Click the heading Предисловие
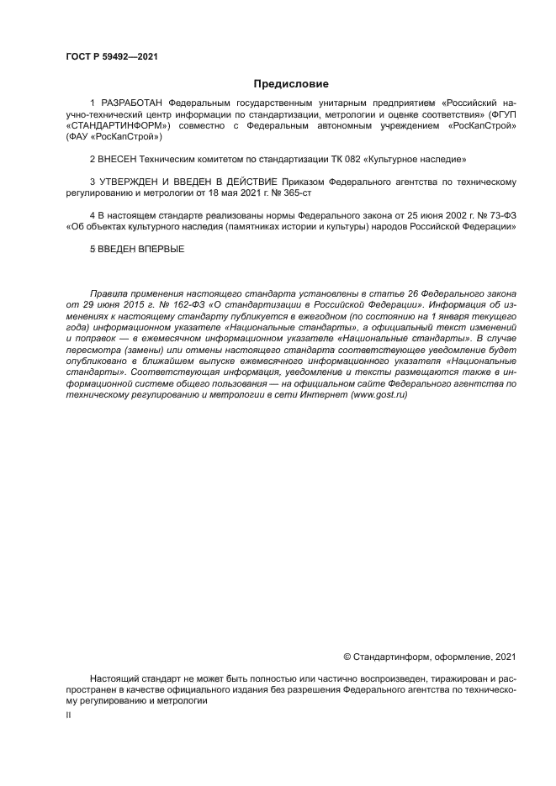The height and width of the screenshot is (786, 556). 291,83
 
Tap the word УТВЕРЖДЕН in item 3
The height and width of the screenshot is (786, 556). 133,181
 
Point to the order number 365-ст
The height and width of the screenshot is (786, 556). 253,192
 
